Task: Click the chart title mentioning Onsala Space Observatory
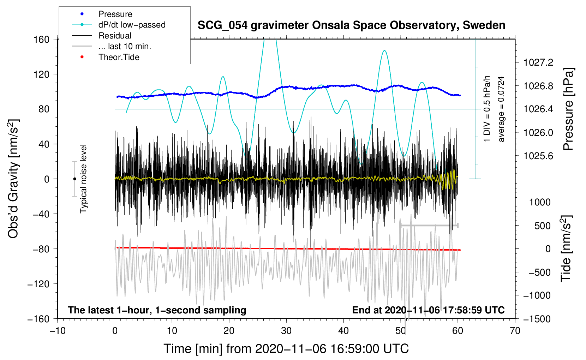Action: [351, 25]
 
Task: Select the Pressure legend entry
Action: [102, 14]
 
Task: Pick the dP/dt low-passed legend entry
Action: [119, 25]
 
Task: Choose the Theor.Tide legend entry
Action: [106, 57]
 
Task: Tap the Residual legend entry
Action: [102, 35]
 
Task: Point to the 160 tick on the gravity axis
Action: [42, 40]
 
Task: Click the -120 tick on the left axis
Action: [38, 284]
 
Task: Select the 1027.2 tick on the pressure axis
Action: [538, 62]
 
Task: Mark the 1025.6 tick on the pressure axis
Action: [538, 156]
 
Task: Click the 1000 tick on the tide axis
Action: [540, 202]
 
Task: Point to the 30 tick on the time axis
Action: [286, 331]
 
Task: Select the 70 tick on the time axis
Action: [515, 331]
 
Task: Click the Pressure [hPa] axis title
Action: [568, 109]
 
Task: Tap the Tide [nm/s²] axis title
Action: [566, 248]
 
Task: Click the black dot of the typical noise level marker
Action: [74, 179]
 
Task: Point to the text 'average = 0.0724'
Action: [501, 109]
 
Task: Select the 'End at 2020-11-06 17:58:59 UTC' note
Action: [428, 310]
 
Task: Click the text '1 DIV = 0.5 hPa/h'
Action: [486, 109]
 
